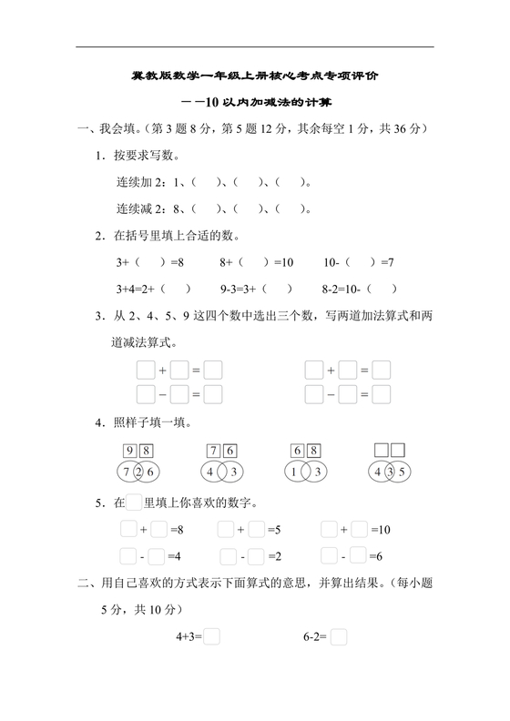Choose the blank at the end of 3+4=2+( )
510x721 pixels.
click(x=178, y=290)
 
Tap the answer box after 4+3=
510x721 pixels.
click(x=212, y=638)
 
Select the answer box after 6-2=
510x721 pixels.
click(x=339, y=638)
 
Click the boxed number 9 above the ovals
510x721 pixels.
click(x=130, y=451)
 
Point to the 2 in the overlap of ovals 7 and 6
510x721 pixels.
click(x=138, y=472)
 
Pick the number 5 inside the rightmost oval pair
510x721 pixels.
click(x=404, y=472)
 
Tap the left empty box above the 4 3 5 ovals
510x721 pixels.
click(x=382, y=451)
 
